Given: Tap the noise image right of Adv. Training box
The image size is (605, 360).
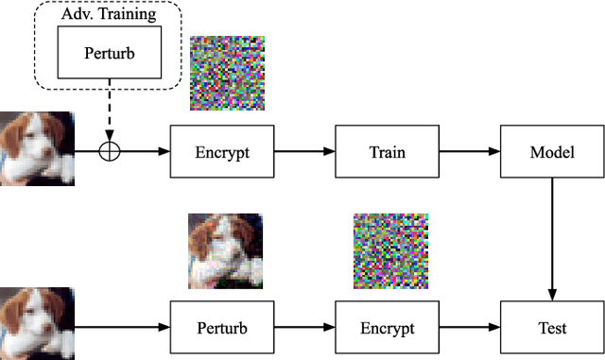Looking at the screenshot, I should pos(227,74).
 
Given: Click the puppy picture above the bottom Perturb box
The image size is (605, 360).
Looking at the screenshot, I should pos(225,250).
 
